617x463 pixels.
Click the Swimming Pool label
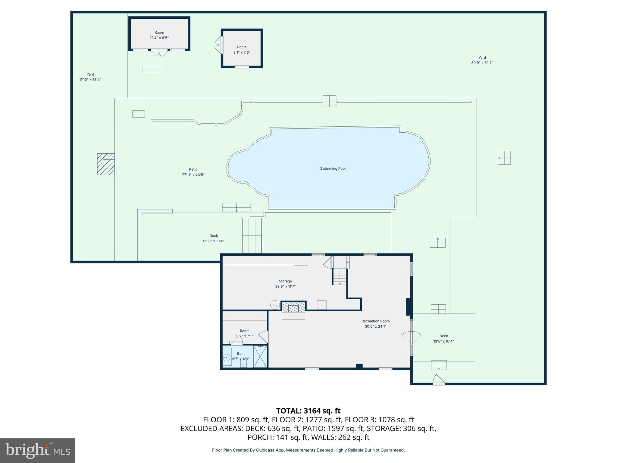pos(333,169)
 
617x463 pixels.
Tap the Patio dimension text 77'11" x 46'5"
pos(193,175)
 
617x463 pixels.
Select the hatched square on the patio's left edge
pos(106,164)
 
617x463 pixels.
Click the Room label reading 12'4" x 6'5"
pos(159,35)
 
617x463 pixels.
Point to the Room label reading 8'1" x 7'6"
pos(242,50)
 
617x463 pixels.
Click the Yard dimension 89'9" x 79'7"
pos(482,63)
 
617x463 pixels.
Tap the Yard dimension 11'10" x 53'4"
pos(90,80)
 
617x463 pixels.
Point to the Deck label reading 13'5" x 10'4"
pos(443,339)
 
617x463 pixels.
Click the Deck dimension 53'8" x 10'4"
pos(214,241)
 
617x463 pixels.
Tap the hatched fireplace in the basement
pos(293,307)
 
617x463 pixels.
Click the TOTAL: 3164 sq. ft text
pos(308,411)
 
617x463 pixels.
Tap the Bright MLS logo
pos(38,450)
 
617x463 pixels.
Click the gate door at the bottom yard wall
pos(438,380)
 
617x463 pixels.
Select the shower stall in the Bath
pos(260,357)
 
